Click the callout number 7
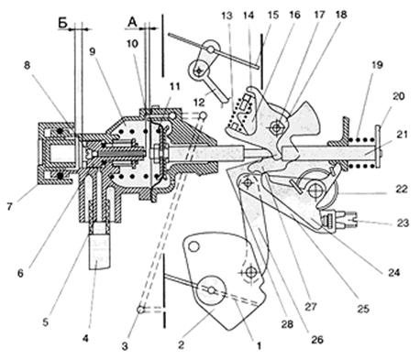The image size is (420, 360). point(10,207)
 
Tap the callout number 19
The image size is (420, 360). point(377,65)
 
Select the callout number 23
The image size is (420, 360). point(403,223)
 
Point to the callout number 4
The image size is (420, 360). point(86,338)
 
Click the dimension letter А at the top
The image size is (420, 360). point(132,22)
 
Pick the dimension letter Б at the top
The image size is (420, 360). point(62,23)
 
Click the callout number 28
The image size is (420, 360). point(287,324)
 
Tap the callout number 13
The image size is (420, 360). point(227,16)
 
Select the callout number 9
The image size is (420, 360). point(92,51)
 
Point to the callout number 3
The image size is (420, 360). point(125,346)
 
